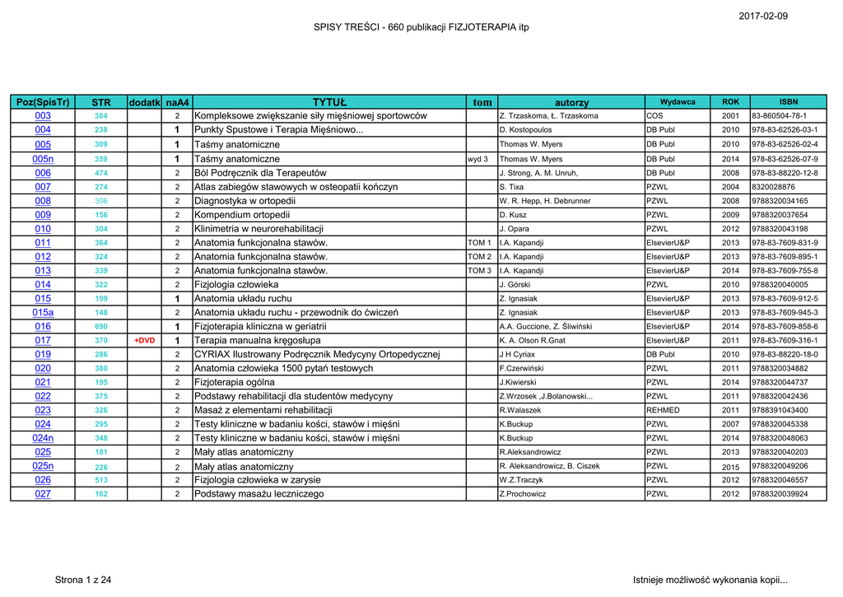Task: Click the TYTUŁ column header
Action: point(329,102)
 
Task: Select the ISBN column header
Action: point(788,101)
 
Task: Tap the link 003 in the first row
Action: point(43,116)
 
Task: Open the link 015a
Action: point(43,312)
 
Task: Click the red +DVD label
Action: point(144,340)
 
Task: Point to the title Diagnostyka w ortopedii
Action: point(245,200)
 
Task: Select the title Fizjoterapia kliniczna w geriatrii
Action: point(260,326)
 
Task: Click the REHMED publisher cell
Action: point(664,410)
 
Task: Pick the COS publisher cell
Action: point(654,116)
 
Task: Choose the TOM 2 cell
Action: point(479,256)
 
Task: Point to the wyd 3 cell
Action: point(477,159)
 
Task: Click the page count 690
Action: point(101,327)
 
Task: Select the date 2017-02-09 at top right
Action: point(763,16)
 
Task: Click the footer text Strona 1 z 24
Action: point(82,580)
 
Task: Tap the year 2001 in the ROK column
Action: point(730,116)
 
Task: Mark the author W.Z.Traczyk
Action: point(523,480)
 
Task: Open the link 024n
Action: point(43,438)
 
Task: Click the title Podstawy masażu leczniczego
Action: point(258,494)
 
